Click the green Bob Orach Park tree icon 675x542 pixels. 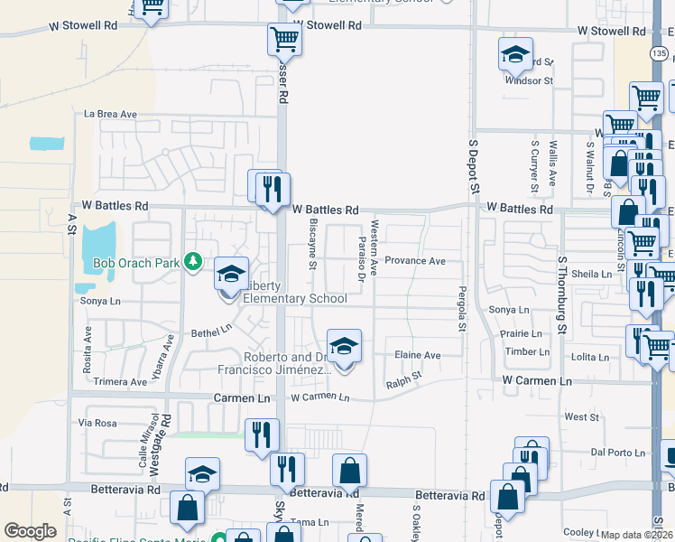(192, 262)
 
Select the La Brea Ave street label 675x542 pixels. (110, 115)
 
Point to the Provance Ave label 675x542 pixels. (415, 261)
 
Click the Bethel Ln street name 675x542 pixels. (211, 333)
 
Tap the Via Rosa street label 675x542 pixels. (98, 423)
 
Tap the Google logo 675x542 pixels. (30, 531)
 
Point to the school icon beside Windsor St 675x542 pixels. (515, 53)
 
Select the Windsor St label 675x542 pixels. (529, 80)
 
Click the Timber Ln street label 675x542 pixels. (528, 351)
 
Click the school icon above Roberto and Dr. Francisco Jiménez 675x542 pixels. (343, 346)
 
